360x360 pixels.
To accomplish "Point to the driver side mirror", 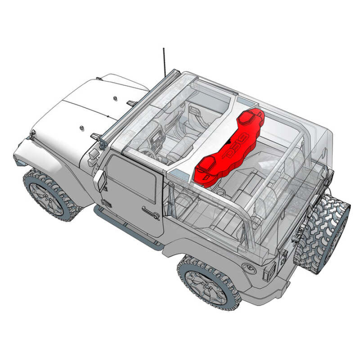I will pos(99,179).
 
